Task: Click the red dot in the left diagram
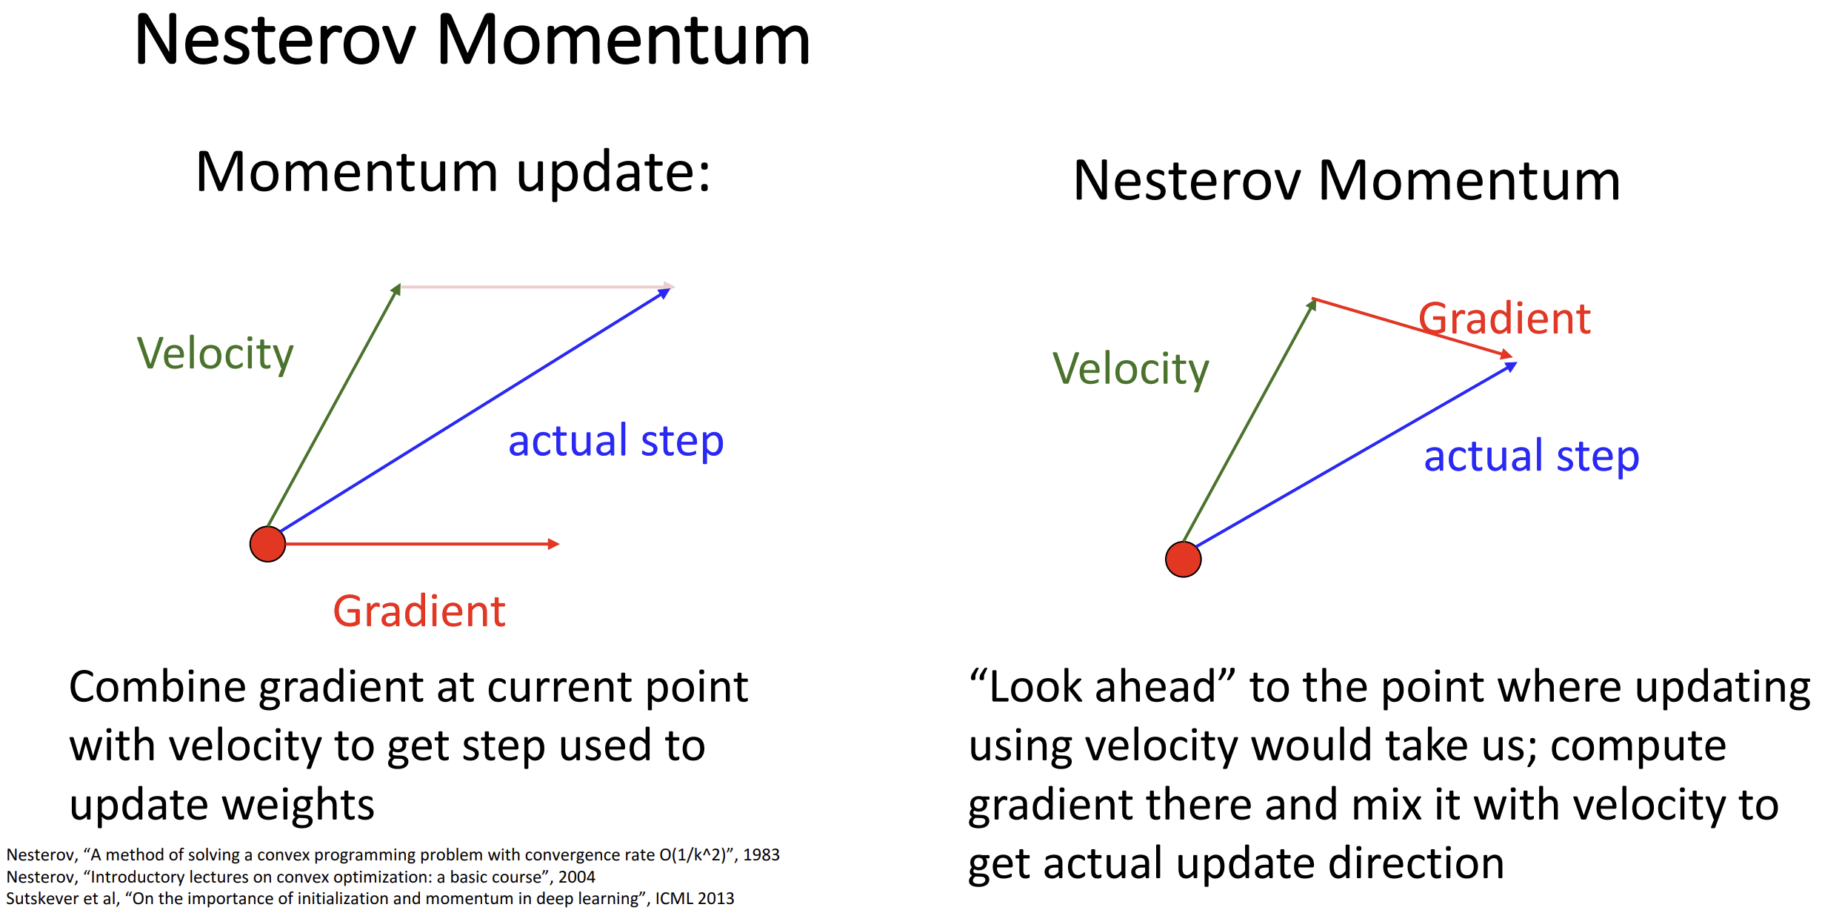267,544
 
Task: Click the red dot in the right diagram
1183,559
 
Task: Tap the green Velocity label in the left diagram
216,354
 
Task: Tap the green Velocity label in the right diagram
1131,370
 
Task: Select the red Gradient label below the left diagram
419,611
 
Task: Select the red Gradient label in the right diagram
1504,319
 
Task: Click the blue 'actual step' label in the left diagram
615,442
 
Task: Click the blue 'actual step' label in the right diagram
1532,456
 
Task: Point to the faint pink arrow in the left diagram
537,286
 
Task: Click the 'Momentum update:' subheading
453,172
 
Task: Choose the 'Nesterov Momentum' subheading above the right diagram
1347,180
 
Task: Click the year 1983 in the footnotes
761,854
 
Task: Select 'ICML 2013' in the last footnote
694,898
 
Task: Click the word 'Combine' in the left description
157,687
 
